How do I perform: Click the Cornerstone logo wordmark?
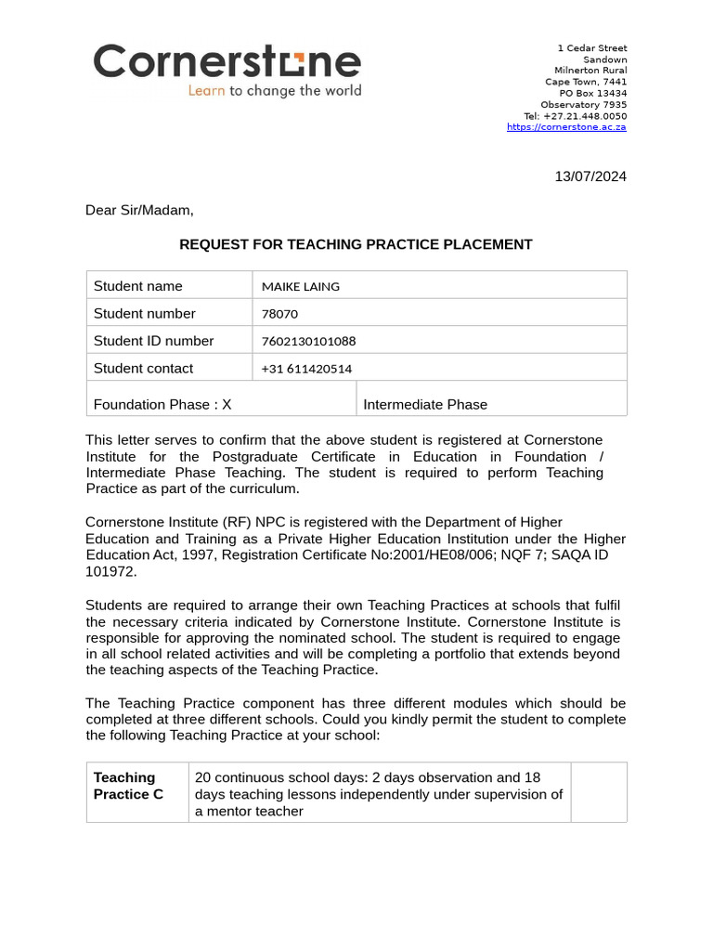coord(227,62)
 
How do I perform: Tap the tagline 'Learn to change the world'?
coord(275,91)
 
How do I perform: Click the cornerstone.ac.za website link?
coord(566,127)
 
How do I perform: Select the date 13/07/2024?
coord(590,176)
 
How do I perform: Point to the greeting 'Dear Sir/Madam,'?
coord(139,210)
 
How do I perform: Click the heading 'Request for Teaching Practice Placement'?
coord(356,244)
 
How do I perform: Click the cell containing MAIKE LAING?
coord(301,286)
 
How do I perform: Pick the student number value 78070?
coord(279,314)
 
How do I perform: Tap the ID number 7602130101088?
coord(308,341)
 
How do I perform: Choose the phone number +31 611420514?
coord(306,369)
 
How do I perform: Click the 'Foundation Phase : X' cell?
coord(162,404)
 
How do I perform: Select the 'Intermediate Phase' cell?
coord(425,404)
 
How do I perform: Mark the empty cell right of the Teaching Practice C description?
coord(599,792)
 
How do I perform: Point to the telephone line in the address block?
coord(575,116)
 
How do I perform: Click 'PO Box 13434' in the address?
coord(592,93)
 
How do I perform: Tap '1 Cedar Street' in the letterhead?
coord(591,48)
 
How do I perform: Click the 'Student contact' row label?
coord(143,369)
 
